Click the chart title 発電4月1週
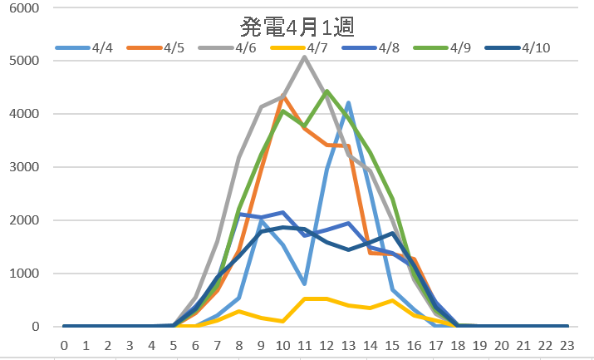pyautogui.click(x=297, y=27)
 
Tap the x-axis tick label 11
pyautogui.click(x=304, y=345)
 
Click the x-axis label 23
pyautogui.click(x=565, y=345)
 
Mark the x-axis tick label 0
pyautogui.click(x=65, y=345)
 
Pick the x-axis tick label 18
pyautogui.click(x=456, y=345)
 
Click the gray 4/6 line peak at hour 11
pyautogui.click(x=304, y=57)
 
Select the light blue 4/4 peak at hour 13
pyautogui.click(x=348, y=103)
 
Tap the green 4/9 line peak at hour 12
pyautogui.click(x=326, y=91)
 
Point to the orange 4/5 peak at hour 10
pyautogui.click(x=282, y=96)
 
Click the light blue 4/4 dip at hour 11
pyautogui.click(x=304, y=284)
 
